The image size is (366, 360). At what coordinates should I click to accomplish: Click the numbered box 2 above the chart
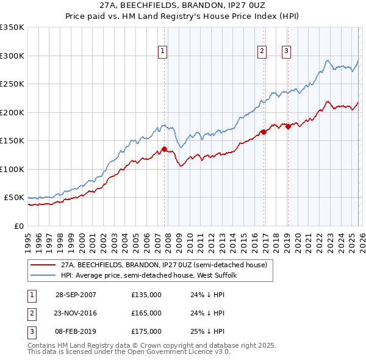click(x=262, y=52)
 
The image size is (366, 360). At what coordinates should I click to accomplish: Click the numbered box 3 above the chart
click(x=286, y=52)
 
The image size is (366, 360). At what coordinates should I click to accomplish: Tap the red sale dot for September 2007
click(x=164, y=149)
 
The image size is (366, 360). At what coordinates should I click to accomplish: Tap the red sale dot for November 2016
click(x=263, y=132)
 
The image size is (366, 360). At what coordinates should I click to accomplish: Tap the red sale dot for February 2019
click(x=287, y=126)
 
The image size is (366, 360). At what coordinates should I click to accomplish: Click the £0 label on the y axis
click(x=18, y=226)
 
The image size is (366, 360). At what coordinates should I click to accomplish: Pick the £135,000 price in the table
click(x=146, y=295)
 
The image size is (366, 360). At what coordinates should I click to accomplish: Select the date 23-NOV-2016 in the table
click(x=76, y=313)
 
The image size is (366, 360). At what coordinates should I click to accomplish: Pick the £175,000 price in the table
click(x=146, y=331)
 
